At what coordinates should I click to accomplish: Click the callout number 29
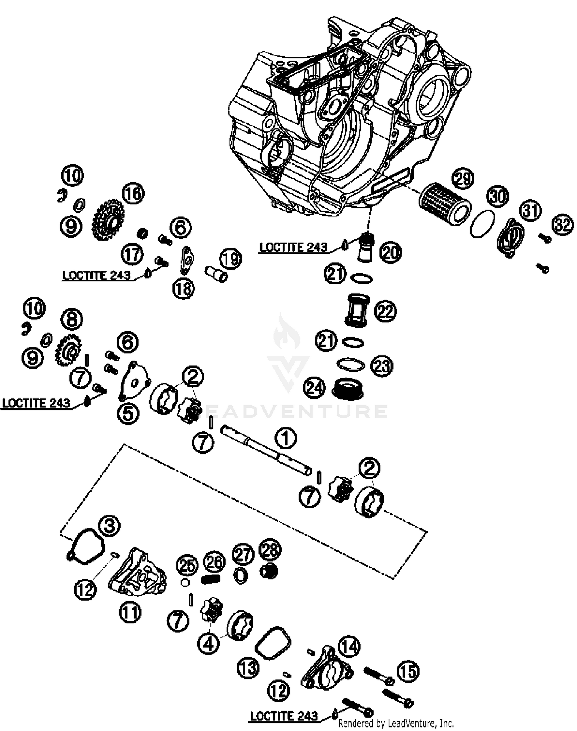click(463, 178)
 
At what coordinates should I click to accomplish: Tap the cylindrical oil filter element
click(444, 203)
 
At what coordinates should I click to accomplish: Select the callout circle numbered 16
click(133, 194)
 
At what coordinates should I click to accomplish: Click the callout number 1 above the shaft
click(285, 438)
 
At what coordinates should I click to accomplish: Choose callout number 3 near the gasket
click(109, 526)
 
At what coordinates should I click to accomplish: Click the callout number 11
click(130, 612)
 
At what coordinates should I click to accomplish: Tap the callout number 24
click(314, 388)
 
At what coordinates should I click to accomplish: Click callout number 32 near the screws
click(563, 225)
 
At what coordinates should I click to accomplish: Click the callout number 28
click(270, 550)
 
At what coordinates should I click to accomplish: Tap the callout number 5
click(128, 413)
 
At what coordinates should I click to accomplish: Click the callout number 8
click(72, 320)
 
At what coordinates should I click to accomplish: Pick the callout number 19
click(230, 259)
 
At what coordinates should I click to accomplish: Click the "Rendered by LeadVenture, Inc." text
click(396, 724)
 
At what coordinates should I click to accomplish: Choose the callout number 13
click(248, 668)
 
